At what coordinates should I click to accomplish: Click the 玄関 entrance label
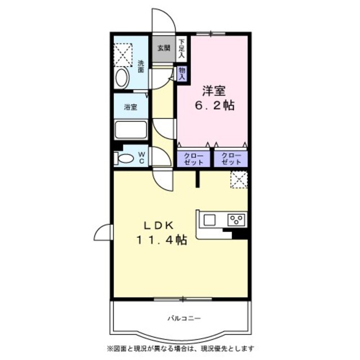pos(164,48)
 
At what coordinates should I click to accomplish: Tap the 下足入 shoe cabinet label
pos(182,48)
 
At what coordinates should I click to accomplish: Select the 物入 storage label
pos(182,74)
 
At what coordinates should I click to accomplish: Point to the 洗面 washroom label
pos(141,66)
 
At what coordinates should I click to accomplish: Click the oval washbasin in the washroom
pos(122,78)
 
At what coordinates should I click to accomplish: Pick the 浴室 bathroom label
pos(130,107)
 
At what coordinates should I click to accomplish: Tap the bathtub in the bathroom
pos(131,130)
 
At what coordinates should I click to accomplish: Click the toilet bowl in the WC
pos(125,159)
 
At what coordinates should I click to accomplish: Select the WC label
pos(142,157)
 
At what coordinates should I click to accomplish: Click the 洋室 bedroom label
pos(214,91)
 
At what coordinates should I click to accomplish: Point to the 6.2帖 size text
pos(215,106)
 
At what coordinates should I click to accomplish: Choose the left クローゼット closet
pos(193,159)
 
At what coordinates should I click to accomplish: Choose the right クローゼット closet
pos(231,159)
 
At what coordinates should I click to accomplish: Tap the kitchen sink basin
pos(210,220)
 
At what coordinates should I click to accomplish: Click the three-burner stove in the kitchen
pos(236,219)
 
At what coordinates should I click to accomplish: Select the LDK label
pos(159,226)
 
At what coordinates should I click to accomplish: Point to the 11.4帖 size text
pos(161,240)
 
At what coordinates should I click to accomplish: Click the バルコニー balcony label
pos(184,318)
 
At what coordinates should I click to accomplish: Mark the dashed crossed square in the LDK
pos(239,180)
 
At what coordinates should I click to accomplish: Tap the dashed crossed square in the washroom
pos(123,55)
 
